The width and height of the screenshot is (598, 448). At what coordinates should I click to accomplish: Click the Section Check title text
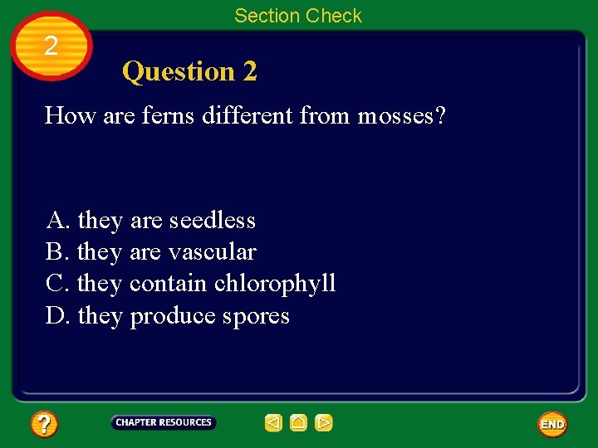(297, 16)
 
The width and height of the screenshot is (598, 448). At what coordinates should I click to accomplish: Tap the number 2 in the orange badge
(51, 46)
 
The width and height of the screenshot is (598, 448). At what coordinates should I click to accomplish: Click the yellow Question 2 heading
(189, 72)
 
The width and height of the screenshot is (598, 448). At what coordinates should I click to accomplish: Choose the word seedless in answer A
(213, 221)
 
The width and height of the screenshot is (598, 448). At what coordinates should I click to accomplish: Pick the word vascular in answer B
(213, 252)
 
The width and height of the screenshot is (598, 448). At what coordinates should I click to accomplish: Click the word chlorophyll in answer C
(275, 284)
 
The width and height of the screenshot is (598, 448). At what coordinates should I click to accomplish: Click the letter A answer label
(56, 221)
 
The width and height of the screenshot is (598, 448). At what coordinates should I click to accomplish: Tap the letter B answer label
(56, 252)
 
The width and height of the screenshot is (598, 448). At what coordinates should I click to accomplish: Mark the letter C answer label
(56, 284)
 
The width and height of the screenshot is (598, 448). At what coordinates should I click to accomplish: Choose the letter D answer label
(56, 316)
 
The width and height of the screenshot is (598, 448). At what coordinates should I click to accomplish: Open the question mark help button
(44, 425)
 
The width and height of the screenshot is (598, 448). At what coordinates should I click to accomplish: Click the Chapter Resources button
(164, 423)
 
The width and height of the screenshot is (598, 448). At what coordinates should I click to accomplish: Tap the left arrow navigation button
(273, 423)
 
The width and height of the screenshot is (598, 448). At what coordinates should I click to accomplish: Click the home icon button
(299, 423)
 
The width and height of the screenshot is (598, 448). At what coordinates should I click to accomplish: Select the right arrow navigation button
(324, 423)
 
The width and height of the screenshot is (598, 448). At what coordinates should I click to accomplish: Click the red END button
(552, 425)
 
